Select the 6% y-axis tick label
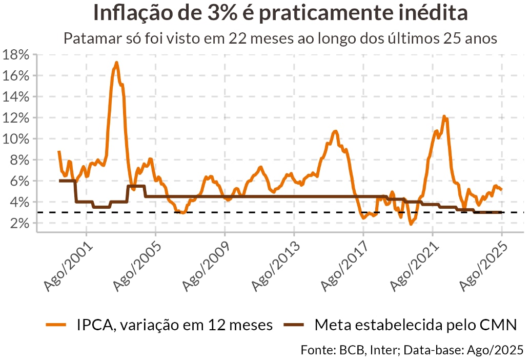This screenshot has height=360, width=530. [x=18, y=181]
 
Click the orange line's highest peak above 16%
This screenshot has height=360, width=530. [x=116, y=63]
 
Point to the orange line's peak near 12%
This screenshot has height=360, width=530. [x=444, y=117]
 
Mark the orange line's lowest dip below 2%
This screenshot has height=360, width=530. [x=411, y=224]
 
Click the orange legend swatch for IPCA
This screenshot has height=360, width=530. [x=56, y=325]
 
